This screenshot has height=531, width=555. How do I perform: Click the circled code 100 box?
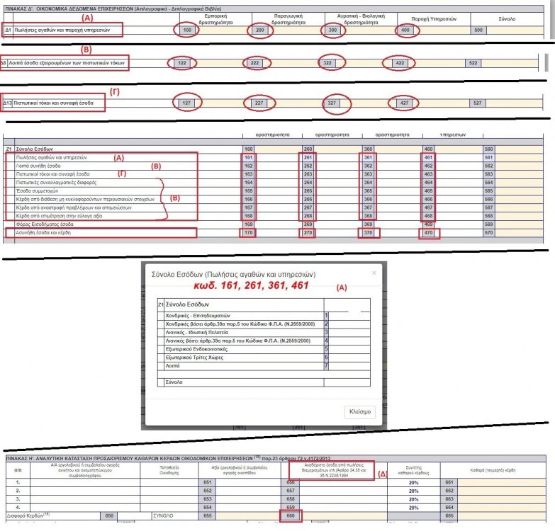(x=187, y=30)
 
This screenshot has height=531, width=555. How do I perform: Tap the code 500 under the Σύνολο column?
(x=478, y=30)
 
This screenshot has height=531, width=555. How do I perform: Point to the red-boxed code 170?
(x=249, y=233)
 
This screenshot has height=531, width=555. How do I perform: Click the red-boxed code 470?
(x=429, y=233)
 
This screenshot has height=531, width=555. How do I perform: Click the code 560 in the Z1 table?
(x=488, y=149)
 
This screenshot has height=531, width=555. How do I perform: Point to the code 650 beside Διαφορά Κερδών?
(x=108, y=515)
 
